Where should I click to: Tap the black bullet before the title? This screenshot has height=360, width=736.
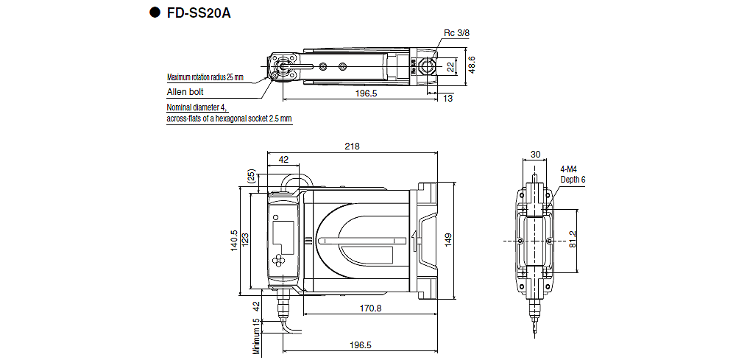[155, 13]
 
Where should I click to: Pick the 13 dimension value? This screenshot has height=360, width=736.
[448, 99]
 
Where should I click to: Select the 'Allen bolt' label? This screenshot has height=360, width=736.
[185, 92]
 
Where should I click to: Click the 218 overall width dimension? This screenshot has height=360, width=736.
[353, 147]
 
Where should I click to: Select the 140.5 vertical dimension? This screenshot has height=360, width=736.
[233, 239]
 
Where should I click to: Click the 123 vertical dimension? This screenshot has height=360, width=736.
[246, 239]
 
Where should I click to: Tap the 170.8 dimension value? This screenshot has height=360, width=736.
[370, 308]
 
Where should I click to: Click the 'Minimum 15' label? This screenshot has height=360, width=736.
[256, 337]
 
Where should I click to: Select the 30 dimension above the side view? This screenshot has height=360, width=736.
[535, 155]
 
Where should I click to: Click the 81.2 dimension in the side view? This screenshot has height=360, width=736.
[573, 239]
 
